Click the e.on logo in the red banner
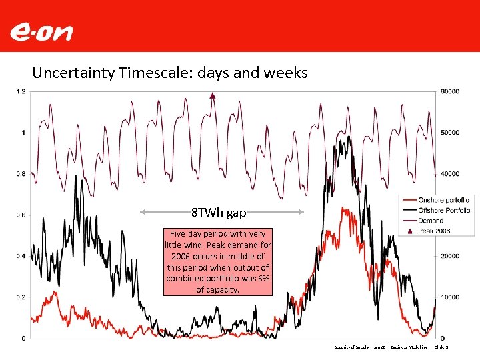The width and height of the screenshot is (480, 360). (41, 31)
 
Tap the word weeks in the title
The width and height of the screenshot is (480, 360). (287, 72)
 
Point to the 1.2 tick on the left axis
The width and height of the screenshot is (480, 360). (21, 91)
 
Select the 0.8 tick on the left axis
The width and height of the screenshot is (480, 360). (21, 174)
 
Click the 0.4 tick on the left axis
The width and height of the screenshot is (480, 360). (21, 256)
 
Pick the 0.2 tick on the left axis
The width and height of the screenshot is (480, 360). (21, 297)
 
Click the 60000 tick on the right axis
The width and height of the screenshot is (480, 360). (449, 91)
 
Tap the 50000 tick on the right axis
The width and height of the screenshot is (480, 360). (449, 133)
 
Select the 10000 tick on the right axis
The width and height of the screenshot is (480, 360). (449, 297)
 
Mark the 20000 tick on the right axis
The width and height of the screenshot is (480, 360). (449, 256)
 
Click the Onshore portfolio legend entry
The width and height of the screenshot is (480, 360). (443, 200)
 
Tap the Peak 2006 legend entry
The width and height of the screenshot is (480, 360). (433, 230)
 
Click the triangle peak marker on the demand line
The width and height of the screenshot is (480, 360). (212, 95)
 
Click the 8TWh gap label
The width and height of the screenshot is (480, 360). (219, 213)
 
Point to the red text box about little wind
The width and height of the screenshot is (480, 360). (218, 261)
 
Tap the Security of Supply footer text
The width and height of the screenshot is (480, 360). (351, 347)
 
